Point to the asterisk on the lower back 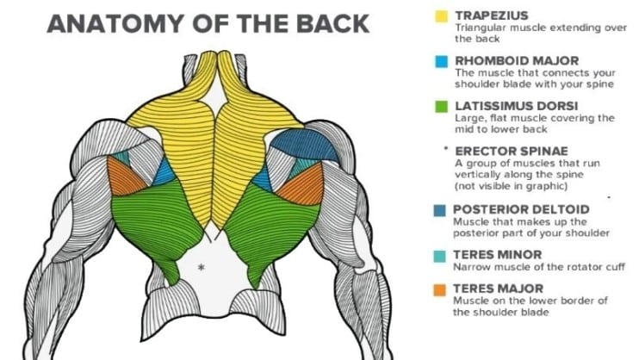tap(201, 268)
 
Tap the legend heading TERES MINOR tap(498, 255)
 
